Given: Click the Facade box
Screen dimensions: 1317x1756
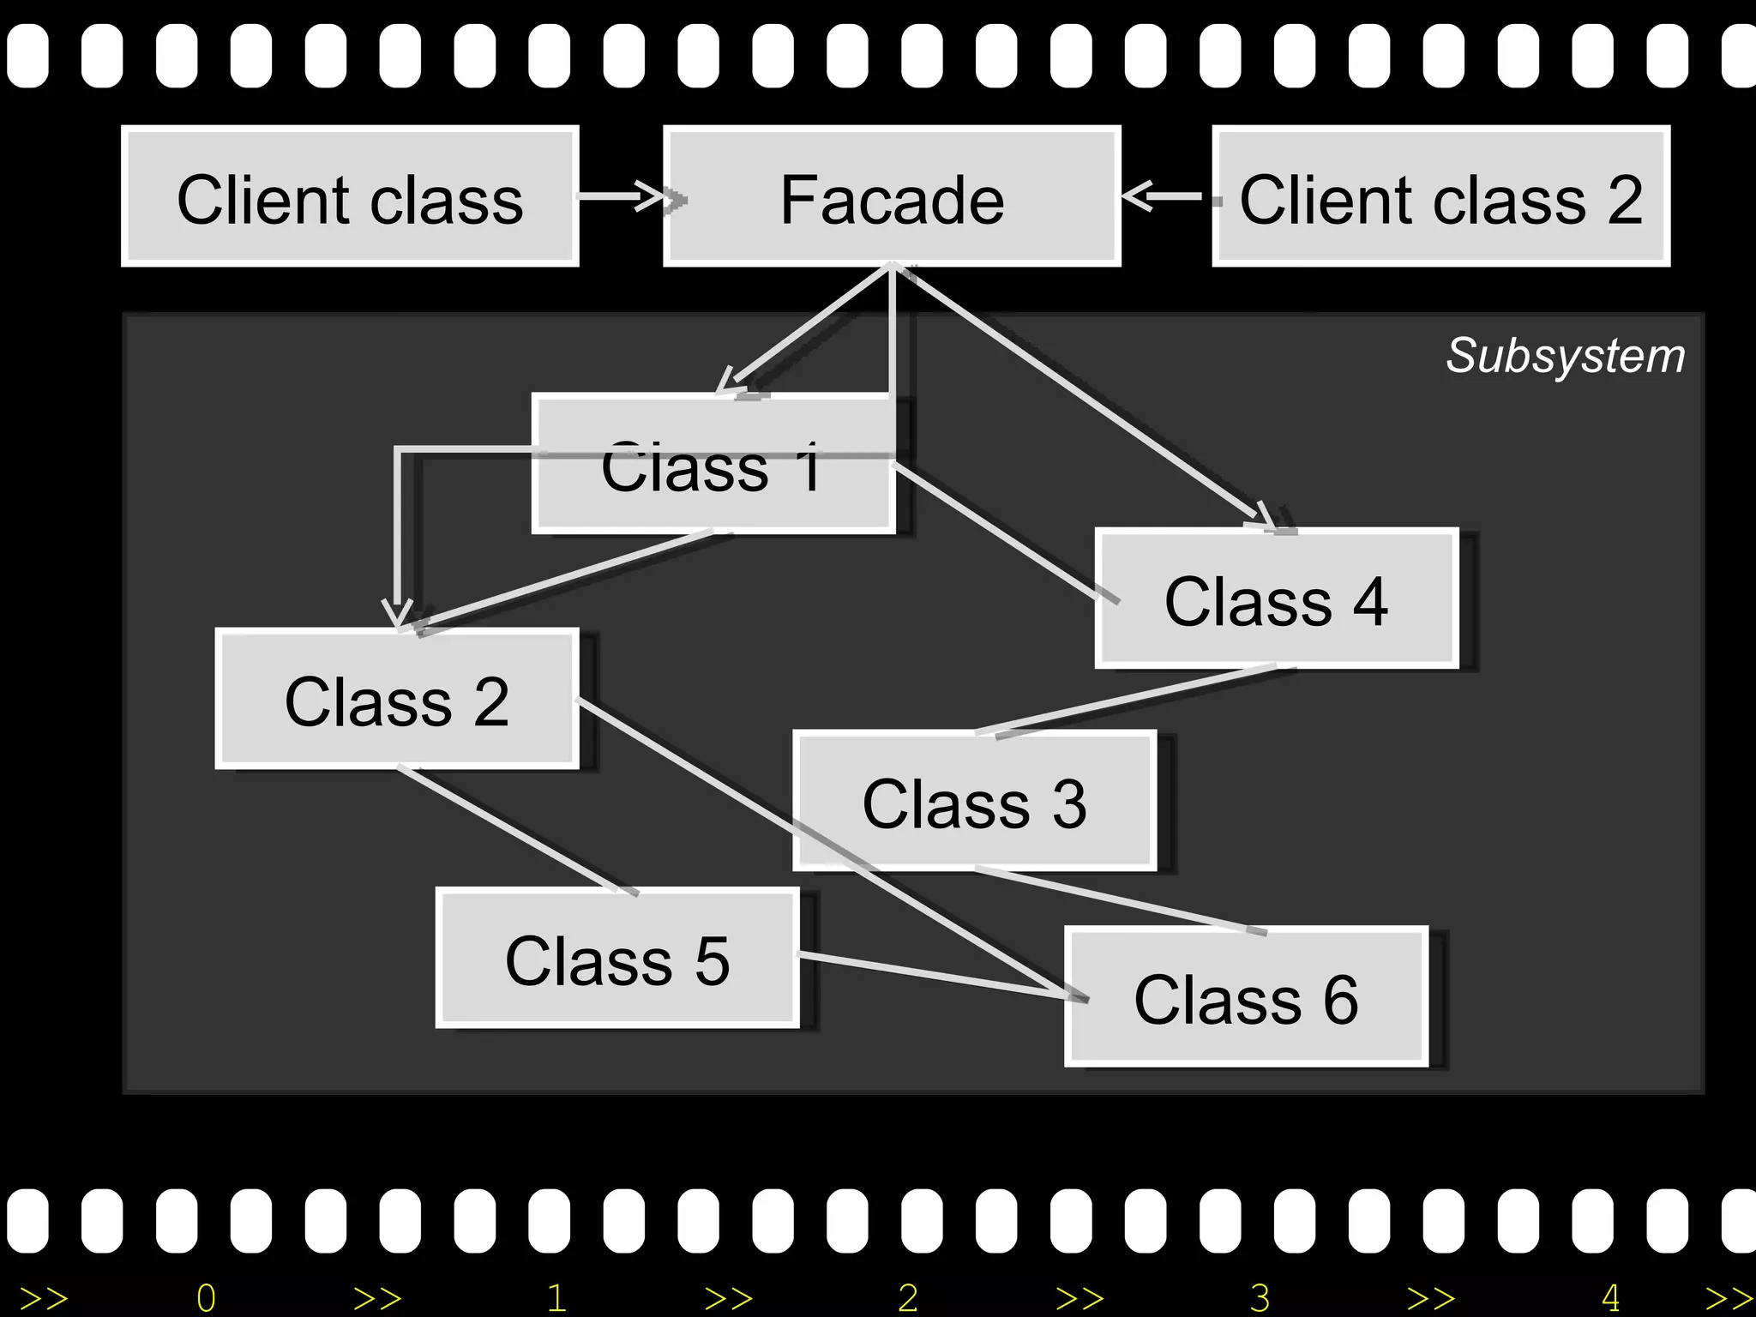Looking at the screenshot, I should [x=892, y=197].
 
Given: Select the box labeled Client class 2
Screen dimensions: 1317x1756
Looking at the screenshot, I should [x=1440, y=197].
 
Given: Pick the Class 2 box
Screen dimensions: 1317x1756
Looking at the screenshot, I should [x=396, y=700].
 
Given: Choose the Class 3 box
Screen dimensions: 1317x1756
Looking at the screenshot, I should [x=975, y=802].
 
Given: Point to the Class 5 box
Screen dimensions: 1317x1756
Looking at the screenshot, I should [x=617, y=959].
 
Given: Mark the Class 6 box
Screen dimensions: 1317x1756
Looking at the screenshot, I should [x=1246, y=997].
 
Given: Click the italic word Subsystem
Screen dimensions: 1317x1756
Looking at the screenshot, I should [x=1566, y=355].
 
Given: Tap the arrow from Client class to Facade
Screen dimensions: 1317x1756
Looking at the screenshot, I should [x=622, y=196].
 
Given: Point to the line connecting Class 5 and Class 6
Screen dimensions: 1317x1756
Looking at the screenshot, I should [x=935, y=974].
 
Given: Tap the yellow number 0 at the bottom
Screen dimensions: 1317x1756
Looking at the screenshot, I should [x=206, y=1298].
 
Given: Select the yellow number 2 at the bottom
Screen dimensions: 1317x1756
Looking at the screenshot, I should [x=908, y=1298].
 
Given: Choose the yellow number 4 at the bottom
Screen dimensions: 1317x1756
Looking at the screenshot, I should [x=1610, y=1298].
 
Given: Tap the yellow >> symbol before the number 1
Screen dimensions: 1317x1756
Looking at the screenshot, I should [x=377, y=1298].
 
